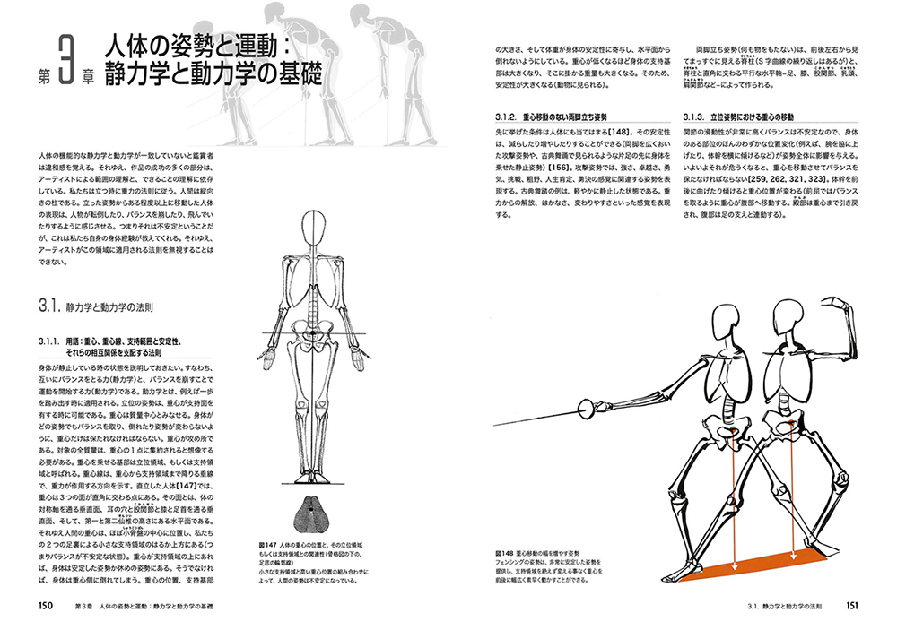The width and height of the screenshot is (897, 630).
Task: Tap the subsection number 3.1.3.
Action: (697, 117)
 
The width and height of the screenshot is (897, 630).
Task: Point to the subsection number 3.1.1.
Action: (49, 341)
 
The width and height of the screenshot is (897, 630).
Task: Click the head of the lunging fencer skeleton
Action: (723, 324)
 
